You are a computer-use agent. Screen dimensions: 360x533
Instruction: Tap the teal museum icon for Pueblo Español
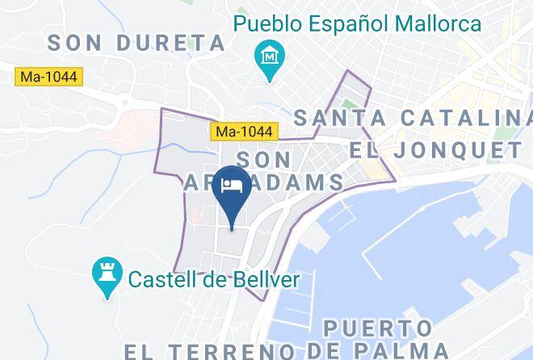coord(267,57)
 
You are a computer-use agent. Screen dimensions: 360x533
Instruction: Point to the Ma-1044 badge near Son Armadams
coord(246,130)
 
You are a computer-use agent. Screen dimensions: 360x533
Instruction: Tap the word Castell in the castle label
coord(170,280)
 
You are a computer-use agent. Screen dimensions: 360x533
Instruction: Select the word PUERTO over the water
coord(377,329)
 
